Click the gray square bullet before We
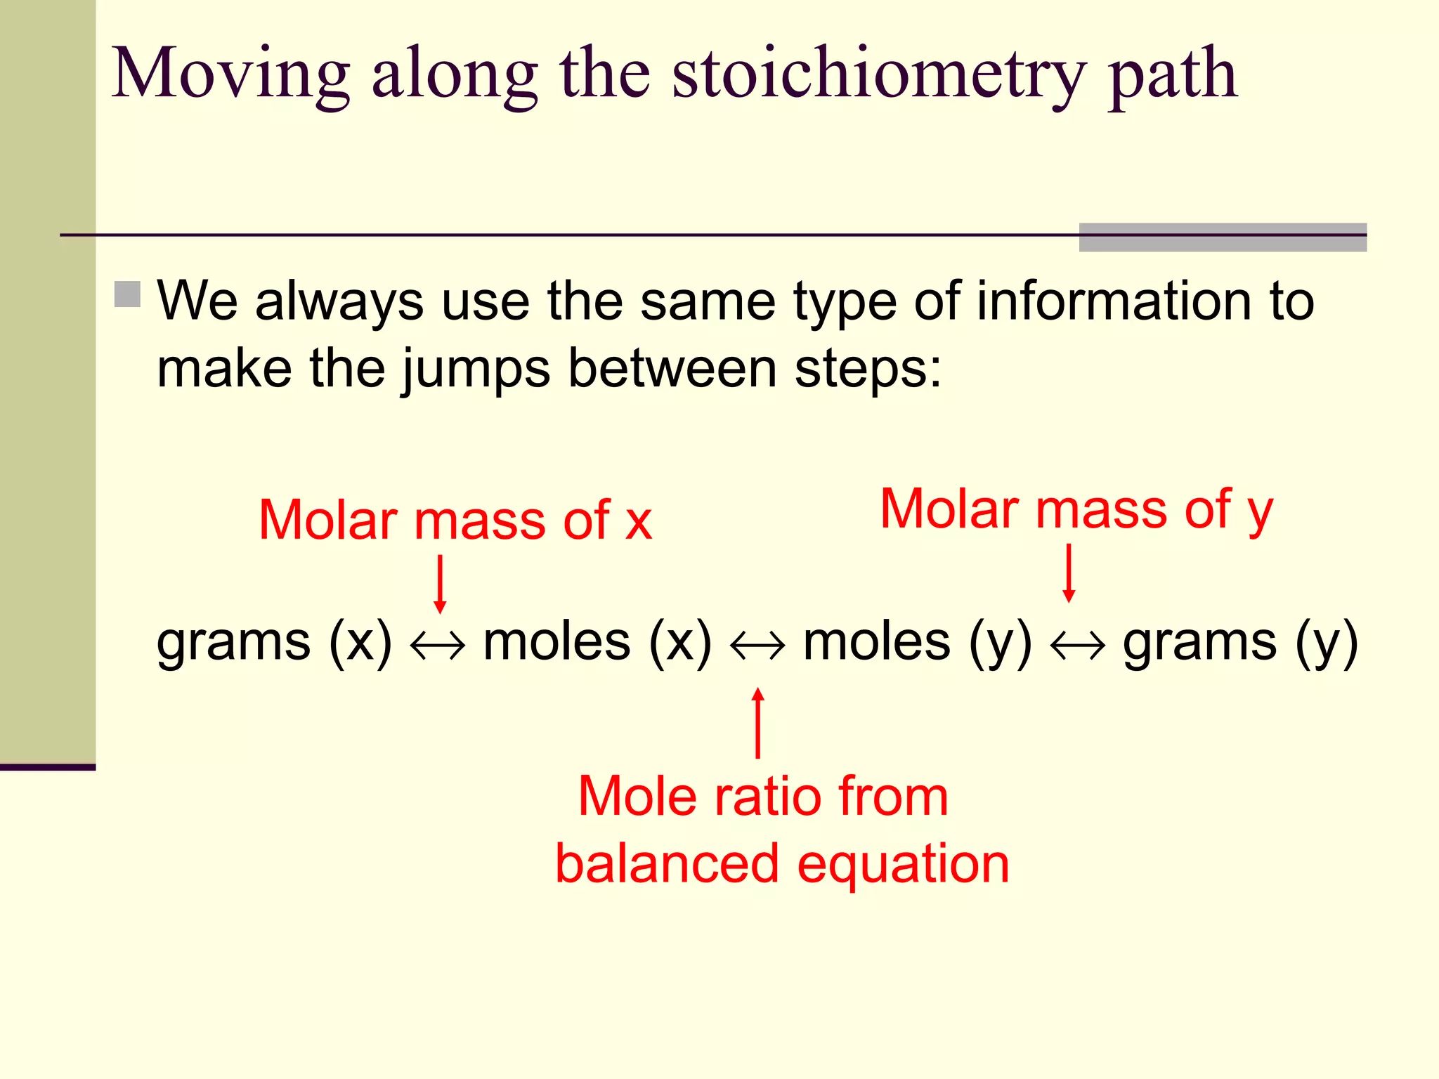coord(127,294)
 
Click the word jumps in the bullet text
coord(476,370)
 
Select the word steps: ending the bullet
coord(868,368)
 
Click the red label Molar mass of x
coord(455,521)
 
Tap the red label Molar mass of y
coord(1076,509)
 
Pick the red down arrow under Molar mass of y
coord(1069,573)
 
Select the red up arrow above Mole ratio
coord(757,724)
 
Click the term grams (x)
coord(274,642)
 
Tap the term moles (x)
coord(597,642)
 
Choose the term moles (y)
coord(918,642)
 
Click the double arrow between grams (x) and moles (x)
coord(438,644)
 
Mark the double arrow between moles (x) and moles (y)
coord(757,644)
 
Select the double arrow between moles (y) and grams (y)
coord(1077,644)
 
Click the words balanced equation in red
coord(782,863)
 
